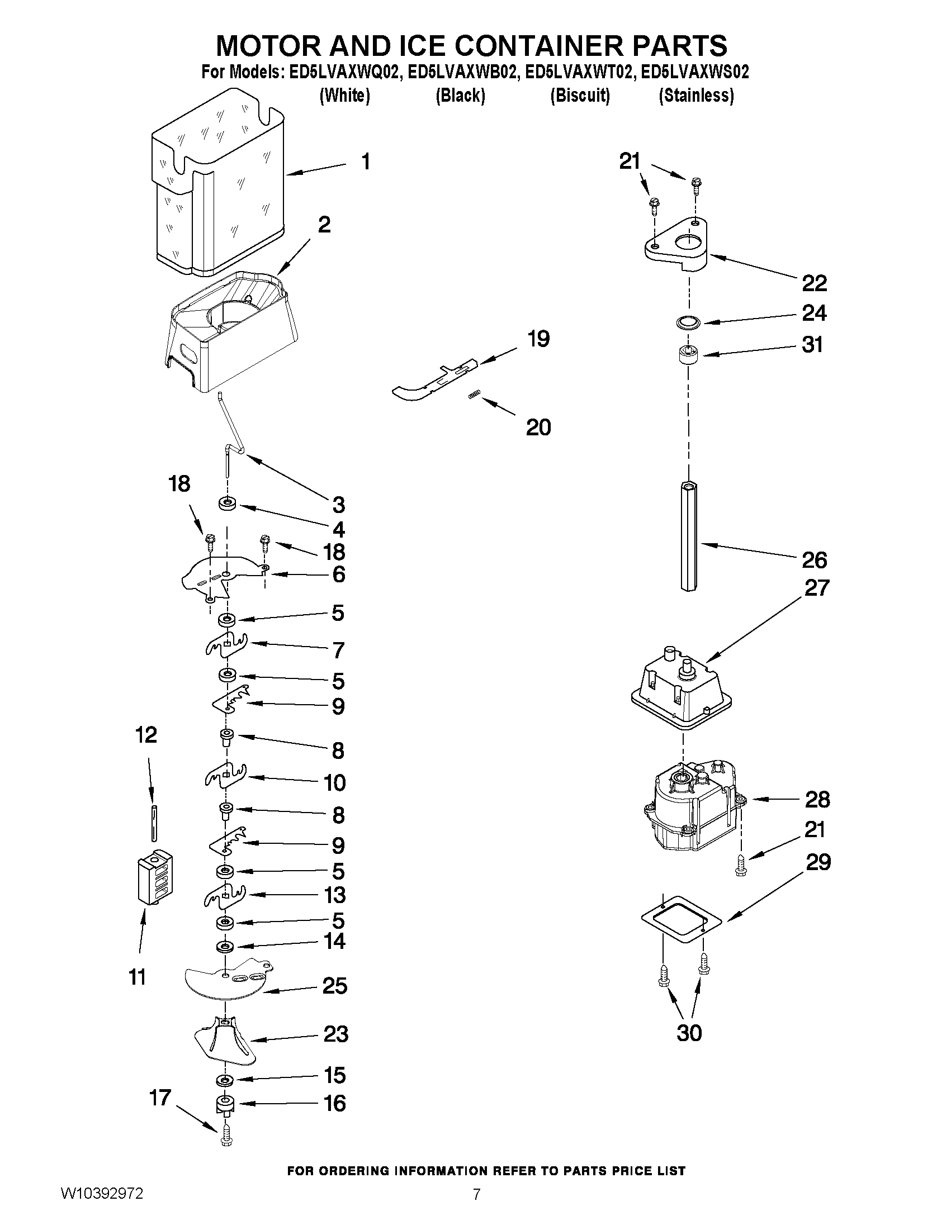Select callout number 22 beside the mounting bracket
point(814,283)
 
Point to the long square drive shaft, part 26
point(688,535)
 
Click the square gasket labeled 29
point(682,919)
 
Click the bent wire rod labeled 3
point(231,428)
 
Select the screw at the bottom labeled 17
point(226,1139)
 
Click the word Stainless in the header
point(697,96)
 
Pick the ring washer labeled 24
point(687,323)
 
